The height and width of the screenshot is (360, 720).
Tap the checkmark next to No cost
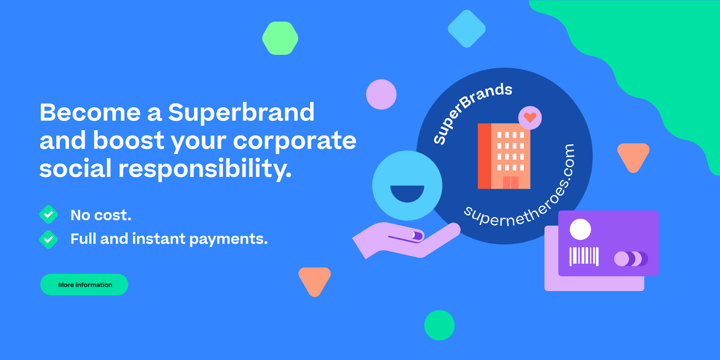click(x=49, y=214)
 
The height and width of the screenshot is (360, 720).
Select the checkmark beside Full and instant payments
click(x=49, y=239)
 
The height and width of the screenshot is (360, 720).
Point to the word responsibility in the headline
click(x=205, y=169)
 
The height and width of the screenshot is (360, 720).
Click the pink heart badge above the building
click(x=530, y=117)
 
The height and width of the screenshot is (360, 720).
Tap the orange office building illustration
click(x=504, y=156)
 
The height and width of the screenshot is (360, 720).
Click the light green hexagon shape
click(x=280, y=38)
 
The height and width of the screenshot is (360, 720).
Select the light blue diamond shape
click(x=467, y=29)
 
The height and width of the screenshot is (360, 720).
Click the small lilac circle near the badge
click(x=381, y=94)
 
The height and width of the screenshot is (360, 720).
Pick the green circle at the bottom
click(x=439, y=325)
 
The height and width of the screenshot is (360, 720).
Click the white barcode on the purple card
click(x=584, y=256)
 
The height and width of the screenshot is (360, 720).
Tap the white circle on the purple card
click(x=580, y=229)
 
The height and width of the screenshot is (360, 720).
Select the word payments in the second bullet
click(x=229, y=239)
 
